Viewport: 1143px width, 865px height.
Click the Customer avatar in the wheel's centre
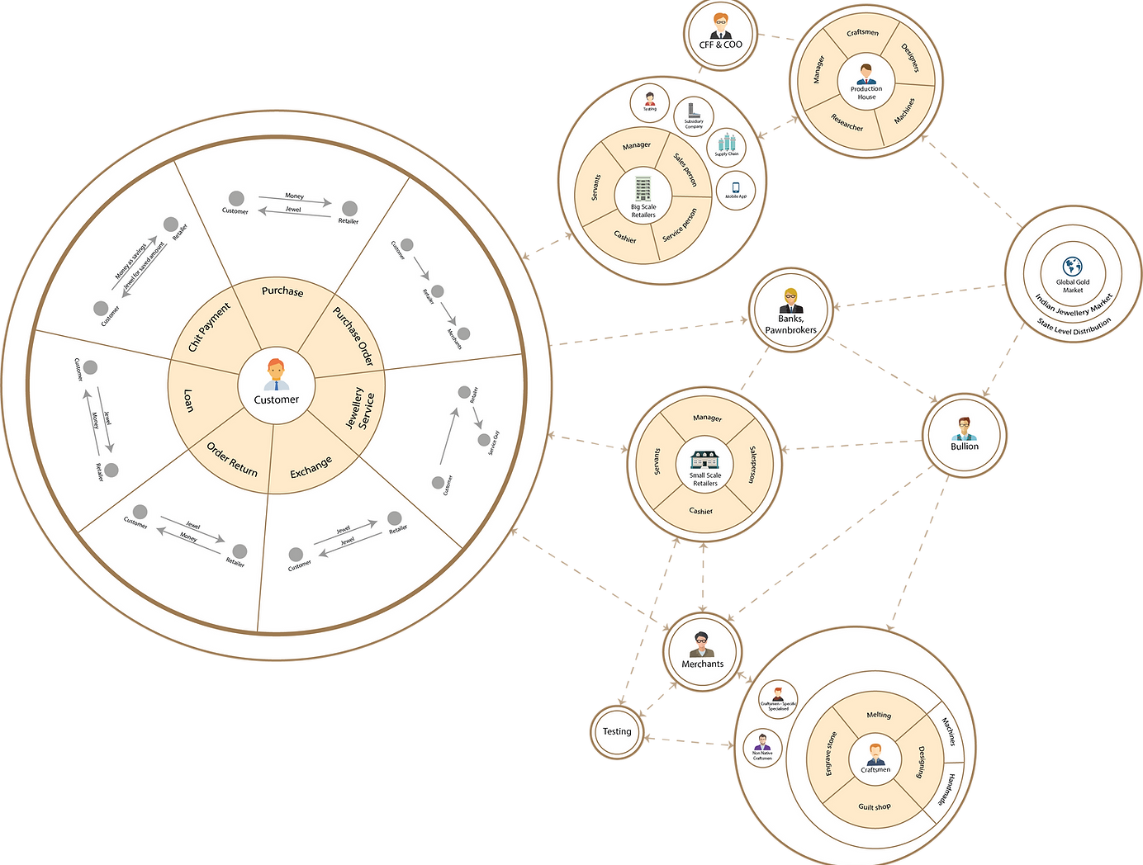point(276,374)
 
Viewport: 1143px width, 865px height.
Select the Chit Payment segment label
point(209,327)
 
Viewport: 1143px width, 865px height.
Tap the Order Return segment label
point(232,460)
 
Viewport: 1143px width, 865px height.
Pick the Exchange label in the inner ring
point(311,467)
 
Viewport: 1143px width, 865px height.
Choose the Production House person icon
point(866,74)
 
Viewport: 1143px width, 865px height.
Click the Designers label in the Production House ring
point(911,58)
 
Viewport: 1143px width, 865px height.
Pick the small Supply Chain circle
point(727,145)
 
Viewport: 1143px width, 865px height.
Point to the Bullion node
point(964,434)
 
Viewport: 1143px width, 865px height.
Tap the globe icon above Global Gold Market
point(1073,267)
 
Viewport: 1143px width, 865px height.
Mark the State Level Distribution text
point(1074,325)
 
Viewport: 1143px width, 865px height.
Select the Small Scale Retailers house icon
point(704,461)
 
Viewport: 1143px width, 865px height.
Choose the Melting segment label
point(879,715)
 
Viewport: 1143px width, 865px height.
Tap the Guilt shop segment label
point(874,806)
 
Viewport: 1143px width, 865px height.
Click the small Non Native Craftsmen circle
point(762,746)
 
